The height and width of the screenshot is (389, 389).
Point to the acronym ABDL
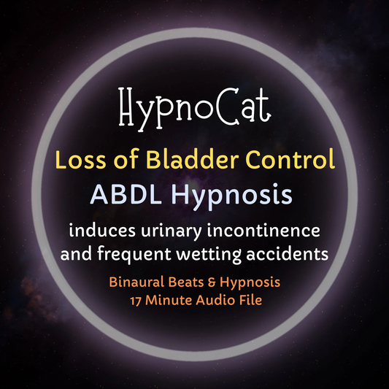pyautogui.click(x=119, y=193)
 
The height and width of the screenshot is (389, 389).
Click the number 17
pyautogui.click(x=137, y=299)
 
